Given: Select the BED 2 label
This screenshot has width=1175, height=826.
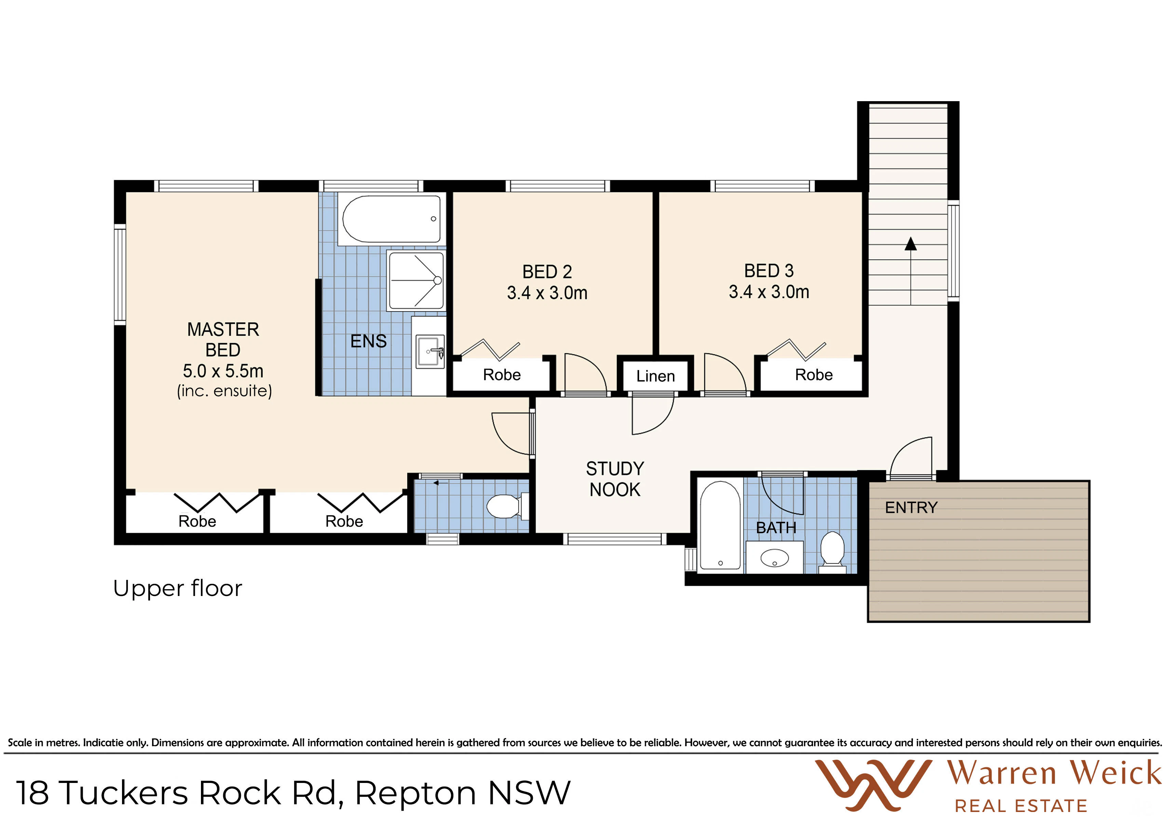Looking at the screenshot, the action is (x=547, y=271).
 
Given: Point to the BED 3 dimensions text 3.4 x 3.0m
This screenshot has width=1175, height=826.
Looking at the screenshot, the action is (x=769, y=292).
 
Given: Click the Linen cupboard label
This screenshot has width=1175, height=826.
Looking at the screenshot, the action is (x=656, y=376).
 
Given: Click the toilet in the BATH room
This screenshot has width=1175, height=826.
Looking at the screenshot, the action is (x=833, y=552).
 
